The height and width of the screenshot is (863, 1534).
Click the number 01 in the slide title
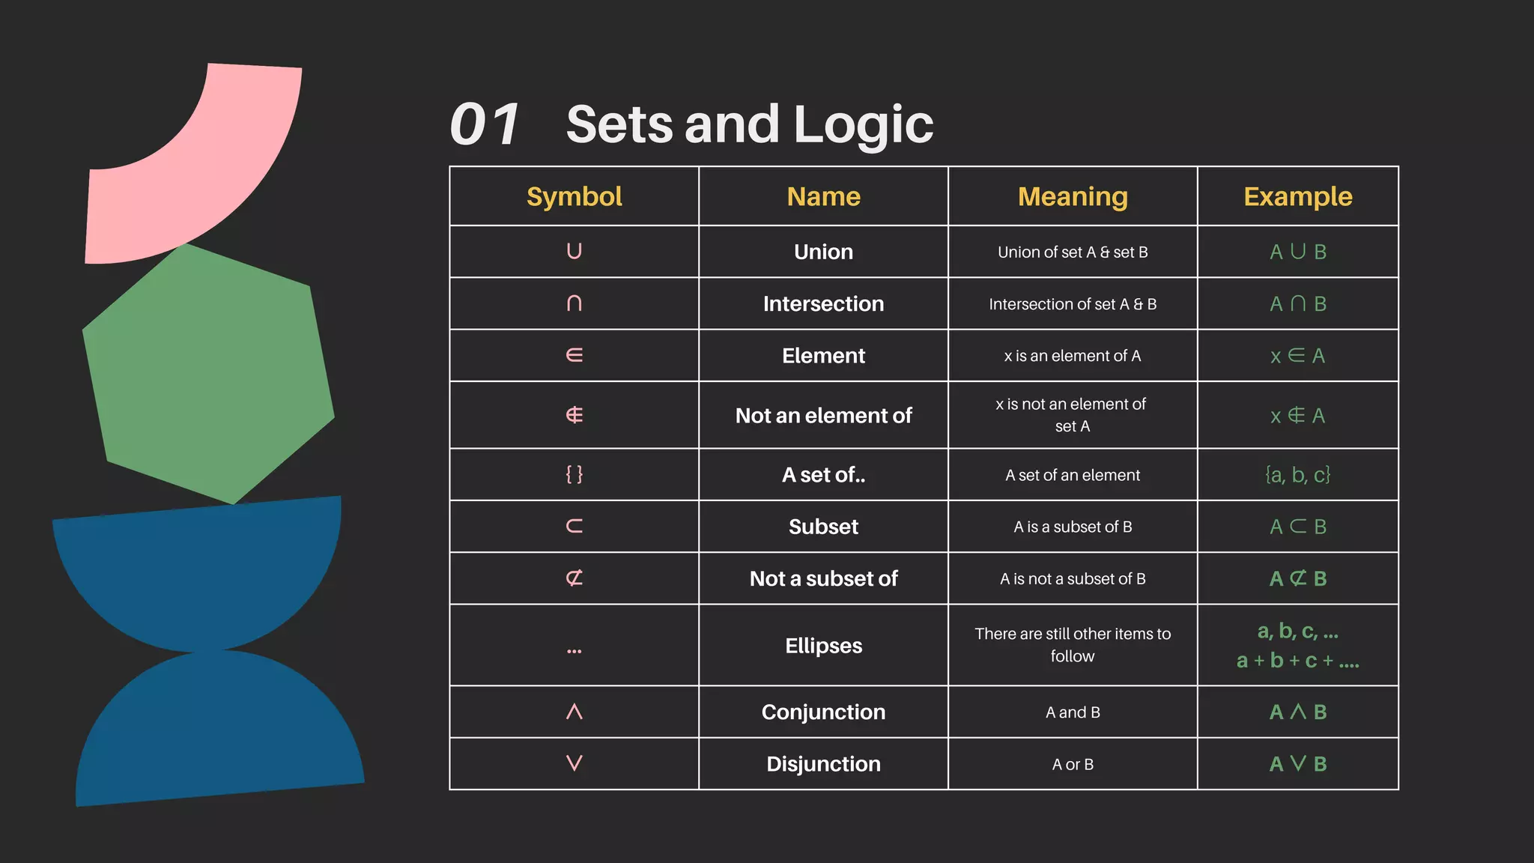tap(485, 124)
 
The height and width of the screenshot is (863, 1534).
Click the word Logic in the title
tap(863, 124)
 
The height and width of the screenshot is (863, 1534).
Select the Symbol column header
tap(574, 196)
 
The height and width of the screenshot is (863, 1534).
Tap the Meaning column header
tap(1073, 196)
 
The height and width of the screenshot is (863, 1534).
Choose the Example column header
tap(1297, 196)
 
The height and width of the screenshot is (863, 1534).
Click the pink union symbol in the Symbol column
tap(574, 251)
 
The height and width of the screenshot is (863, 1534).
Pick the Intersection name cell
tap(823, 303)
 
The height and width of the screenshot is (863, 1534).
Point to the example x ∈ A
tap(1297, 356)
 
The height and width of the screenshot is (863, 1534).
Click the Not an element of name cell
tap(823, 415)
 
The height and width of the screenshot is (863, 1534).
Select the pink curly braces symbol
tap(574, 474)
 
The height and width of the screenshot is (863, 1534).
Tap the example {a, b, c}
tap(1297, 475)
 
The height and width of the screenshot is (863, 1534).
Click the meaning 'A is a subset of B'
tap(1073, 527)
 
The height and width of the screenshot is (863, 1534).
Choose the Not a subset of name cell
tap(823, 578)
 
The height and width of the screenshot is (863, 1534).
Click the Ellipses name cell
tap(823, 645)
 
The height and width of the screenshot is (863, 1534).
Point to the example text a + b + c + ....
tap(1297, 661)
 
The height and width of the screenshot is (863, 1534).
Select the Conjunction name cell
tap(823, 712)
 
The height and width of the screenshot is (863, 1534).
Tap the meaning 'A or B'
tap(1073, 764)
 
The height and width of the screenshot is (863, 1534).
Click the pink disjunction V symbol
tap(574, 763)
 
